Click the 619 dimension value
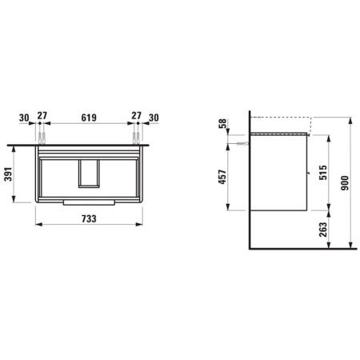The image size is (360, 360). pyautogui.click(x=89, y=118)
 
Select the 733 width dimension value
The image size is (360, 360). pyautogui.click(x=89, y=218)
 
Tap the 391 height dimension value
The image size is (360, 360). pyautogui.click(x=8, y=174)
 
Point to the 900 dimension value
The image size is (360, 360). pyautogui.click(x=345, y=183)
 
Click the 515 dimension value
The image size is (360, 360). pyautogui.click(x=323, y=173)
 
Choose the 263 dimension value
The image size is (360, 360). pyautogui.click(x=323, y=230)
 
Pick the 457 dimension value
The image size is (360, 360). pyautogui.click(x=222, y=177)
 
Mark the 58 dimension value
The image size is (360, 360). pyautogui.click(x=222, y=123)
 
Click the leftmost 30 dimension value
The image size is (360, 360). pyautogui.click(x=24, y=118)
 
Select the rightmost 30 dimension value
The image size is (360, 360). pyautogui.click(x=154, y=118)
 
